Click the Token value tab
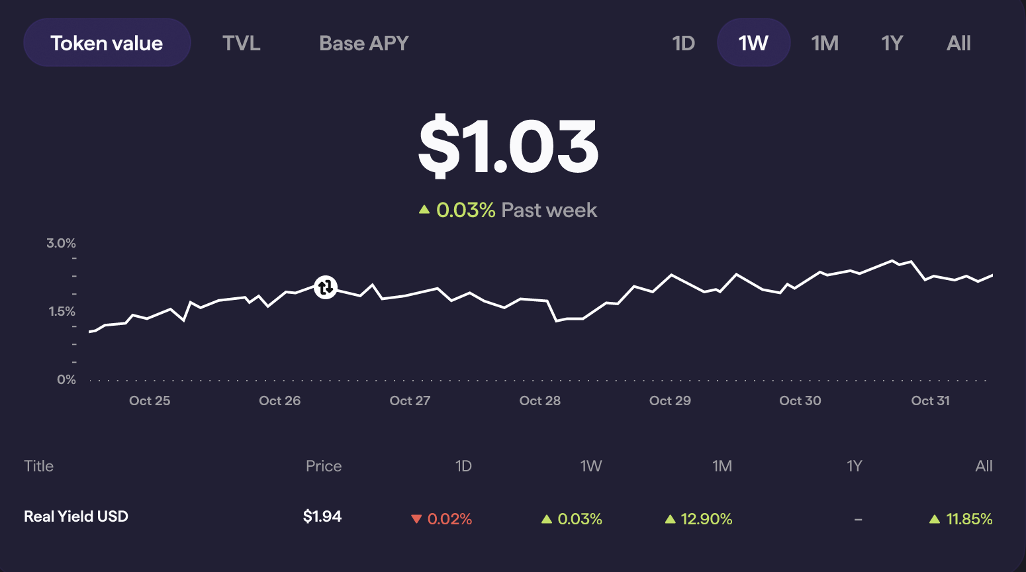(x=107, y=43)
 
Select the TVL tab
(x=242, y=43)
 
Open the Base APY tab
(x=363, y=43)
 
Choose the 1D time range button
(x=683, y=43)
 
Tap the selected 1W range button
(x=753, y=43)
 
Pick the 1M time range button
(x=825, y=43)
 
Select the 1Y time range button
(x=892, y=43)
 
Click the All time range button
(x=958, y=43)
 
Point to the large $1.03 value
(x=508, y=147)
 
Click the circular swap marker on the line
(x=326, y=287)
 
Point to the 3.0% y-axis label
(x=61, y=243)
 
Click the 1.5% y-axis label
(x=62, y=311)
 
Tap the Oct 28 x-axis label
(x=539, y=401)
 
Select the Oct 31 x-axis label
(x=930, y=401)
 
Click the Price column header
(x=324, y=466)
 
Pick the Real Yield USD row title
(x=76, y=516)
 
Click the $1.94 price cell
(x=322, y=516)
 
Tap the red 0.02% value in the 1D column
(x=449, y=519)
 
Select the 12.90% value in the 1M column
(x=706, y=519)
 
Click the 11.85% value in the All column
(x=968, y=519)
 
